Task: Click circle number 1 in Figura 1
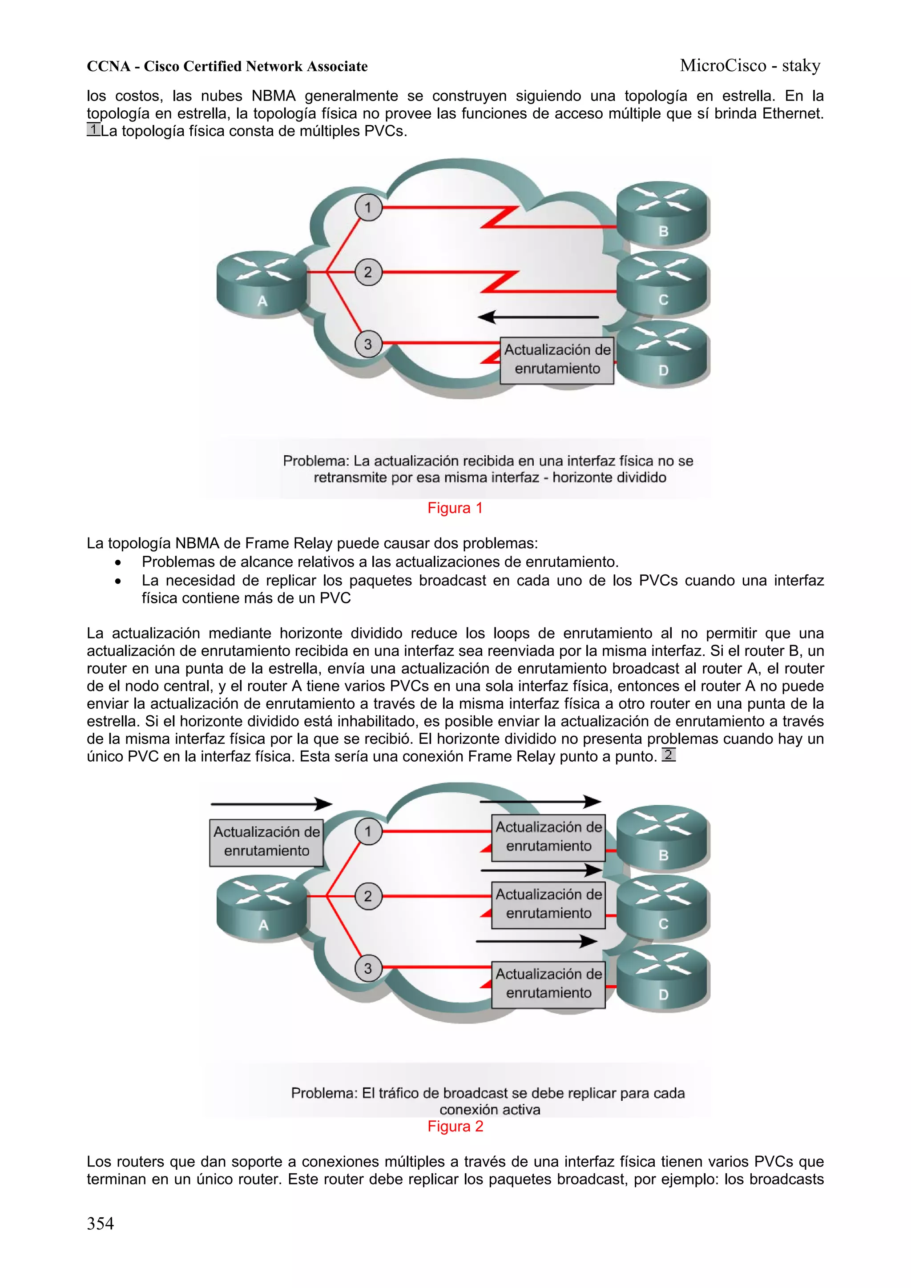(x=368, y=207)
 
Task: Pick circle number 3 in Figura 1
(x=368, y=344)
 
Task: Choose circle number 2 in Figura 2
(x=368, y=896)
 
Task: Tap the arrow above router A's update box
(x=271, y=804)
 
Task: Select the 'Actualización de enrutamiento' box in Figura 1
(x=557, y=360)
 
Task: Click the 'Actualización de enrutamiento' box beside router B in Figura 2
(x=548, y=837)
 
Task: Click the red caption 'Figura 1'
(x=455, y=508)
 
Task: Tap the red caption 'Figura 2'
(x=455, y=1127)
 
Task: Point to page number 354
(x=101, y=1223)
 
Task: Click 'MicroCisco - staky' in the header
(x=750, y=66)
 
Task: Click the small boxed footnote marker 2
(x=668, y=754)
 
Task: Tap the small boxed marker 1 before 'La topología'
(x=93, y=129)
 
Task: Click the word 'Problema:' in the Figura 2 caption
(x=324, y=1093)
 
